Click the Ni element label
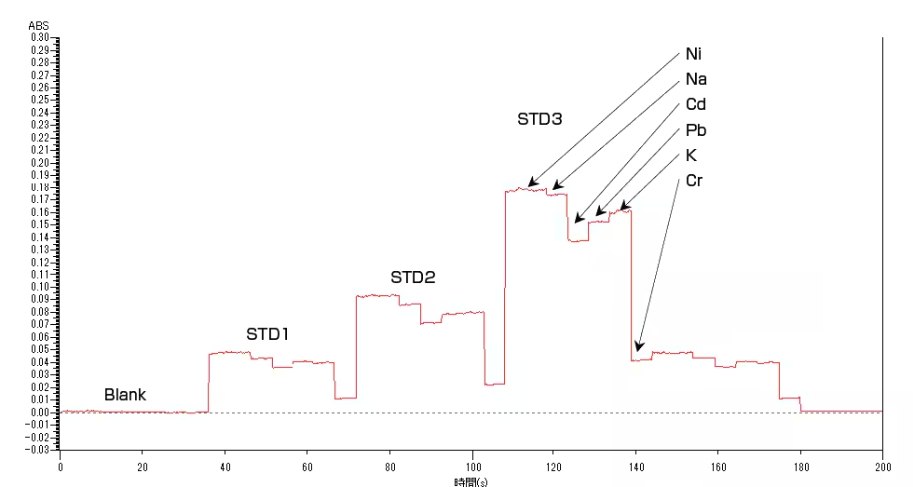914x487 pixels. tap(694, 54)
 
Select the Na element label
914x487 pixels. tap(695, 79)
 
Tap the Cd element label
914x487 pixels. tap(695, 104)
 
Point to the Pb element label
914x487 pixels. tap(695, 129)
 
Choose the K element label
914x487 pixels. tap(690, 155)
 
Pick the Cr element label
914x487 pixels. tap(694, 180)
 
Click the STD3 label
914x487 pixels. tap(539, 119)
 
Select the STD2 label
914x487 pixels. tap(413, 277)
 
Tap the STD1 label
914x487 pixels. tap(268, 333)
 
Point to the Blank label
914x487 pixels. tap(125, 395)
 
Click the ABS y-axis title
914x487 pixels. tap(39, 25)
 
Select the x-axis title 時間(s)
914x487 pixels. tap(471, 481)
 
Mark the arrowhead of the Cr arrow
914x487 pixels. tap(638, 350)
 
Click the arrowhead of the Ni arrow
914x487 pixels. tap(529, 185)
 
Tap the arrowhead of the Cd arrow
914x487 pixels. tap(577, 221)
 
